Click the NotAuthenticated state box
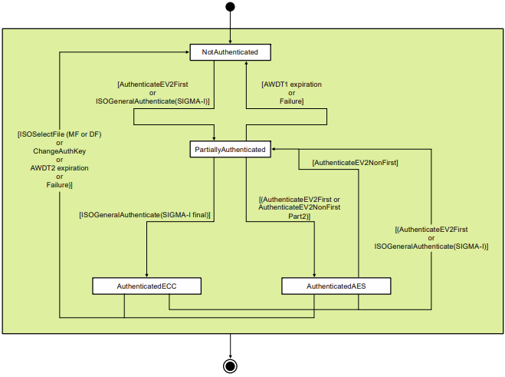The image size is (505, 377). click(230, 52)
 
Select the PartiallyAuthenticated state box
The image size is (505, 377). click(230, 150)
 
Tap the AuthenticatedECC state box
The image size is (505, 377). click(147, 286)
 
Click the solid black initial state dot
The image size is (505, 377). click(230, 7)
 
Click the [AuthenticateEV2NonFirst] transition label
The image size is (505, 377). click(355, 163)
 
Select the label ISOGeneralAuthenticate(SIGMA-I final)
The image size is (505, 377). click(145, 216)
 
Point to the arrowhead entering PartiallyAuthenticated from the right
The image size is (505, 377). click(274, 150)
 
